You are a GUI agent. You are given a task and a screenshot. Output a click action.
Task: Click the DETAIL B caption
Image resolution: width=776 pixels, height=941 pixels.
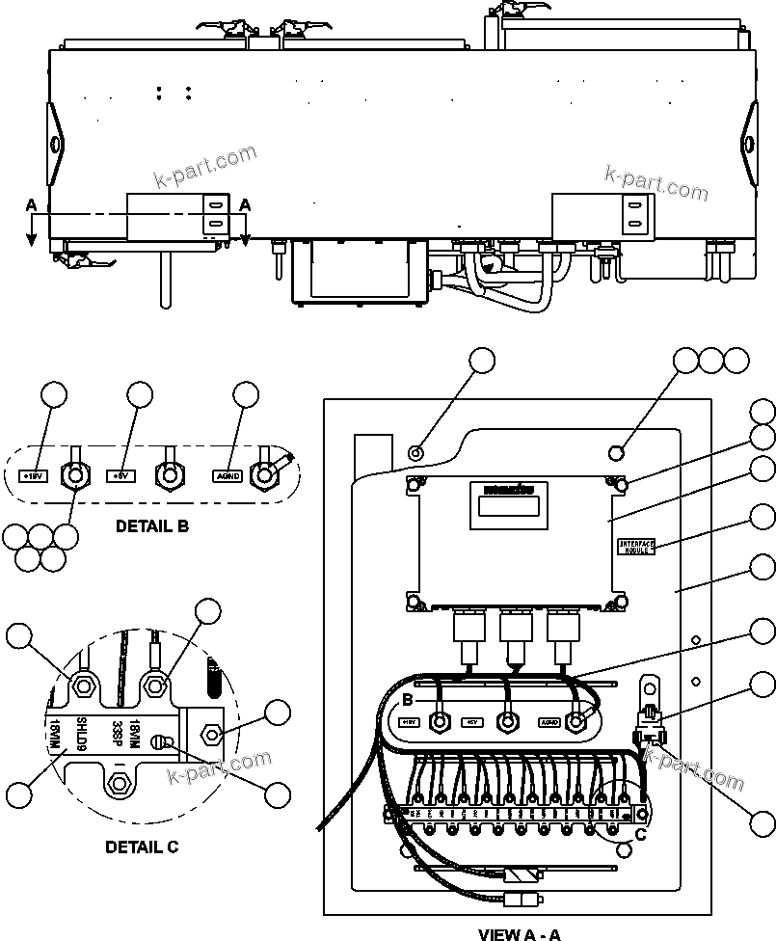pos(151,526)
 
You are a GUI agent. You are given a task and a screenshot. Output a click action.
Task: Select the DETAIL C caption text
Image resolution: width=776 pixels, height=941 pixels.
pos(142,847)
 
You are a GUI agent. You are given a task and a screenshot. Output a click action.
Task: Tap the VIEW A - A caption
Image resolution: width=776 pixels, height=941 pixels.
pos(519,933)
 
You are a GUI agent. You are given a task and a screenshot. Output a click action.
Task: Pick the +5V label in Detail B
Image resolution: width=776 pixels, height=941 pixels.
pos(120,475)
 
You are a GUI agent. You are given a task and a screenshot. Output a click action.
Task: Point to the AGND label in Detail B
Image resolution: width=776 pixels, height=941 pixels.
pos(227,475)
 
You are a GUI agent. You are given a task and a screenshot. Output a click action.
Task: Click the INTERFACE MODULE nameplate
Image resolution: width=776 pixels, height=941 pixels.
pos(636,546)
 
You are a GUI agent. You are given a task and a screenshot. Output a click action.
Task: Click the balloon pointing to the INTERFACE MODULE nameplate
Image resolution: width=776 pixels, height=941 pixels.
pos(763,518)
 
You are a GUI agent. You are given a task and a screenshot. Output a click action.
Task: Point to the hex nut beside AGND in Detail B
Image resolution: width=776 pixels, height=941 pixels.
pos(263,474)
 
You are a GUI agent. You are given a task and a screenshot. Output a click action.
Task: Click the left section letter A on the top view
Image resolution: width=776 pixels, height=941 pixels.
pos(31,205)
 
